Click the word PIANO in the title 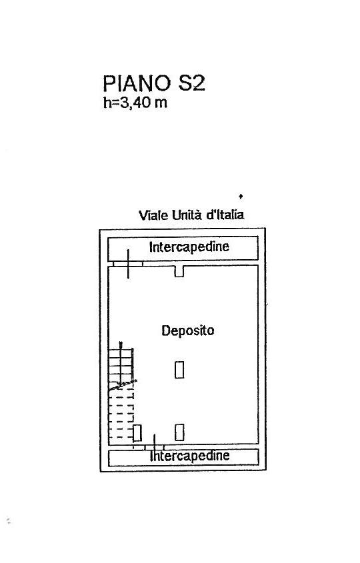[137, 83]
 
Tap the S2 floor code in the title [191, 83]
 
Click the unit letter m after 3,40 [161, 104]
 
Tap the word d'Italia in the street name [225, 215]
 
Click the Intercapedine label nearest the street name [189, 247]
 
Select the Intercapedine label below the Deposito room [190, 456]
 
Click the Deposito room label [187, 330]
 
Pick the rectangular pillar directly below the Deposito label [179, 370]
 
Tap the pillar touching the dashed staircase [137, 432]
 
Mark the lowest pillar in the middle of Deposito [179, 432]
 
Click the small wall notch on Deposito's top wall [179, 271]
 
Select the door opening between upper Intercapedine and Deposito [128, 264]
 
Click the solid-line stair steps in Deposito [121, 367]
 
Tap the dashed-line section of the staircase [121, 416]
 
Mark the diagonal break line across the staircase [123, 385]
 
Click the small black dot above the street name [241, 196]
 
